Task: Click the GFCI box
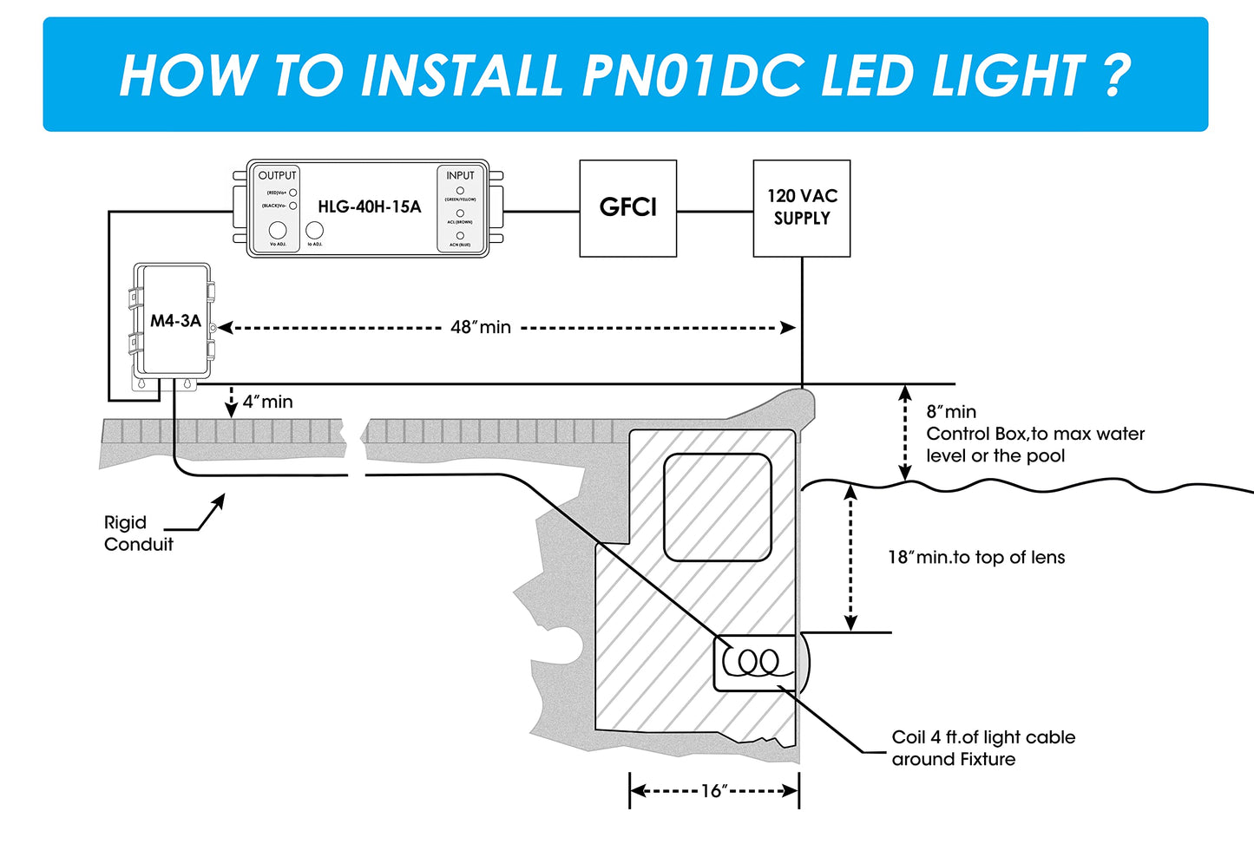click(627, 208)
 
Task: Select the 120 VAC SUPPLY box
click(801, 208)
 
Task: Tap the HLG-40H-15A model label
click(369, 206)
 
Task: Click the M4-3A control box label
click(175, 321)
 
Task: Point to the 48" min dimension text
click(481, 327)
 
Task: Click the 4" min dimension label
click(267, 402)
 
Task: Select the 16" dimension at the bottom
click(713, 790)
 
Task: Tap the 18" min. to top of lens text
click(975, 558)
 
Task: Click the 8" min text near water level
click(951, 412)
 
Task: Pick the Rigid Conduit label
click(138, 533)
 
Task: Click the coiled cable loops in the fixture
click(752, 664)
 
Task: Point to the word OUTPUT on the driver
click(277, 175)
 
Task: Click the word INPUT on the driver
click(460, 175)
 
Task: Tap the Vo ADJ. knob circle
click(278, 230)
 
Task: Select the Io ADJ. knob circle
click(315, 230)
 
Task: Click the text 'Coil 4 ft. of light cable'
click(983, 737)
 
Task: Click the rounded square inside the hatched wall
click(718, 507)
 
